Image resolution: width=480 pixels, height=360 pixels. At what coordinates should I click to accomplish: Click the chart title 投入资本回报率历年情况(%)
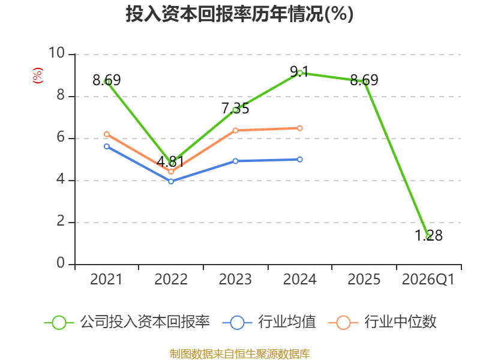tap(239, 14)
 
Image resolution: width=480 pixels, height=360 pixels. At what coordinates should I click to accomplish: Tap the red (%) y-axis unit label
tap(38, 76)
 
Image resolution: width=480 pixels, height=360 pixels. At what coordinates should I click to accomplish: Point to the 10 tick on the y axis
tap(57, 53)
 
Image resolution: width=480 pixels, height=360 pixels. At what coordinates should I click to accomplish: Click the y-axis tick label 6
tap(61, 137)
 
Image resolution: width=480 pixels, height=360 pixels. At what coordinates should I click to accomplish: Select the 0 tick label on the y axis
tap(61, 263)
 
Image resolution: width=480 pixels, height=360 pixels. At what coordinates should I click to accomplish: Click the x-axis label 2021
tap(106, 279)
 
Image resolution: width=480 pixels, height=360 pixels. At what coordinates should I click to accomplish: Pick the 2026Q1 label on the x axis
tap(428, 279)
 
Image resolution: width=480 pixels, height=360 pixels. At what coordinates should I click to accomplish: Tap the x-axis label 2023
tap(235, 279)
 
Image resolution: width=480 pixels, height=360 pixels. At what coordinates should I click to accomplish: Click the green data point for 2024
tap(299, 73)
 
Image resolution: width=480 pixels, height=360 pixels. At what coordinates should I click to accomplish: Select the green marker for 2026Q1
tap(428, 237)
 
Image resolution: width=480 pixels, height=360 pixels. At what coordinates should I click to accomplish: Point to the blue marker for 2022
tap(171, 182)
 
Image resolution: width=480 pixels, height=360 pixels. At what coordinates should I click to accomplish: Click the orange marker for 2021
tap(107, 134)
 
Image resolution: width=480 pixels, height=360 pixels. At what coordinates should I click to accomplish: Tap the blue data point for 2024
tap(299, 160)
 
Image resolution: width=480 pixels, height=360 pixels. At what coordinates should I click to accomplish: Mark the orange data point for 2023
tap(235, 130)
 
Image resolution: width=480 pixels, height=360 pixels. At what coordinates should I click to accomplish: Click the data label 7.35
tap(235, 109)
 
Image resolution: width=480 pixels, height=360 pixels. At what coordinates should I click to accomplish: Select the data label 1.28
tap(428, 235)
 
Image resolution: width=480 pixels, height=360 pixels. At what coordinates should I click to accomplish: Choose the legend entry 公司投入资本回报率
tap(127, 322)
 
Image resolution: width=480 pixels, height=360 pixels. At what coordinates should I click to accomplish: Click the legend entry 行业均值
tap(269, 322)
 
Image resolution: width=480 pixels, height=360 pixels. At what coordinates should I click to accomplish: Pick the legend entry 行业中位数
tap(382, 322)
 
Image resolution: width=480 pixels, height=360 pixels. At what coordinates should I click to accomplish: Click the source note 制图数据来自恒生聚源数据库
tap(240, 354)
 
